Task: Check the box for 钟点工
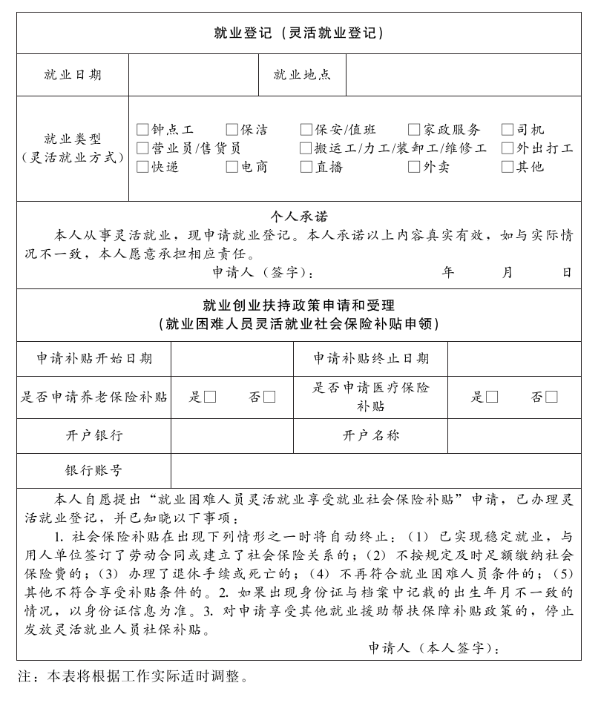coord(142,130)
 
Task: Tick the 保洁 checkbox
coord(232,130)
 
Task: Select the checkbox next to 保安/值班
coord(306,130)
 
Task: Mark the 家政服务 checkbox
coord(414,130)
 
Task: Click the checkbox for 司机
coord(508,130)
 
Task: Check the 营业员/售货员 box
coord(142,148)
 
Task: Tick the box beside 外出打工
coord(508,148)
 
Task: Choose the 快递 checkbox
coord(142,167)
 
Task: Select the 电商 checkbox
coord(232,167)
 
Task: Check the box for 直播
coord(306,167)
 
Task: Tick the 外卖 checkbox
coord(414,167)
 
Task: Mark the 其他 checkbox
coord(508,167)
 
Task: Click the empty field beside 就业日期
coord(193,74)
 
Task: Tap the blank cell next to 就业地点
coord(463,74)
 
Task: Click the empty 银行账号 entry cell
coord(375,470)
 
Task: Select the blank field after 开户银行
coord(232,435)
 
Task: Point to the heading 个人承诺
coord(298,217)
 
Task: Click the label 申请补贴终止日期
coord(370,359)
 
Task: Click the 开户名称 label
coord(370,435)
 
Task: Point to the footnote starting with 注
coord(133,676)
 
